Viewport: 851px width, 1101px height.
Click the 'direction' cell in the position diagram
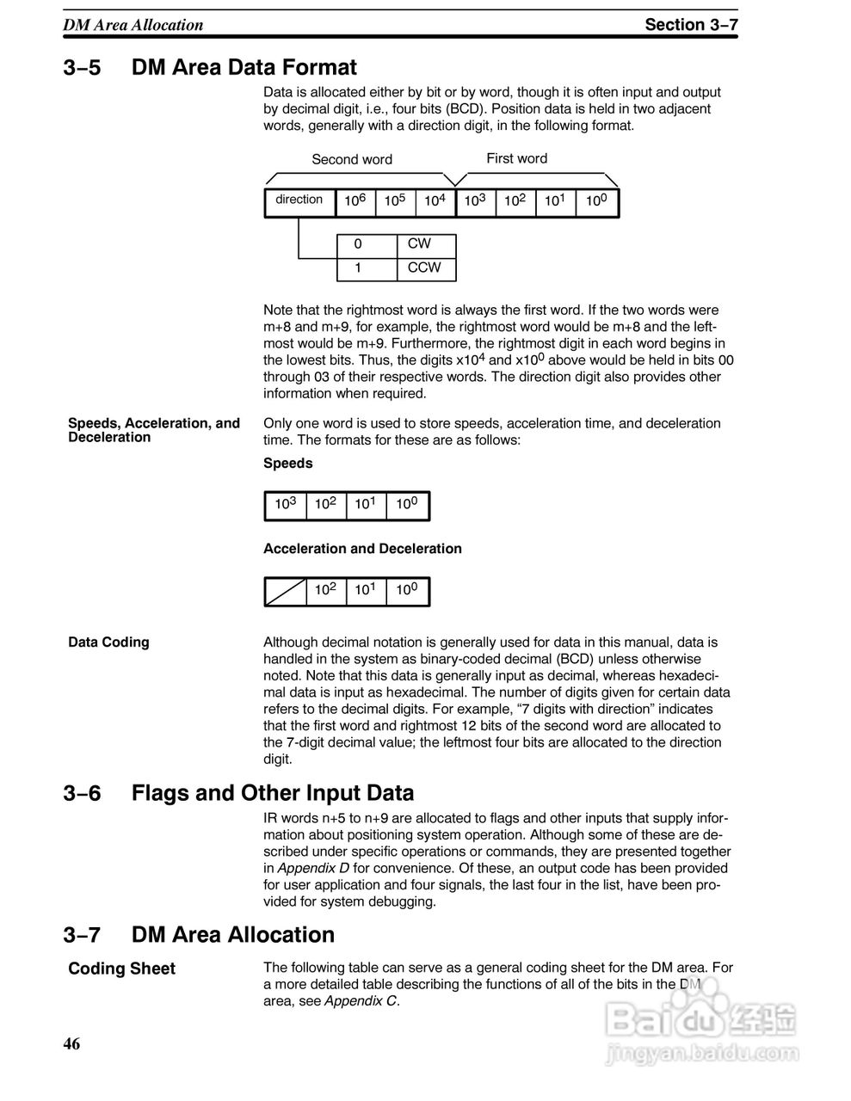(299, 200)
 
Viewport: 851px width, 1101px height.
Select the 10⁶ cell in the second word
(355, 201)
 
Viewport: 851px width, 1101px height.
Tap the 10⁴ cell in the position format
(435, 201)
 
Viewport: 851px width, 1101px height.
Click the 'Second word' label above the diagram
(351, 159)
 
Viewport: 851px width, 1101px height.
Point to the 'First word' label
(516, 158)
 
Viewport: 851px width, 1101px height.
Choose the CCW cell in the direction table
(424, 268)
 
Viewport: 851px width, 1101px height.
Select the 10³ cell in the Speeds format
(285, 505)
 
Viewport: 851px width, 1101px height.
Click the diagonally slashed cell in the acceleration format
(286, 591)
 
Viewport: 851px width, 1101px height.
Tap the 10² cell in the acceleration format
(325, 591)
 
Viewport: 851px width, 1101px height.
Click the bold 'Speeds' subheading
(288, 464)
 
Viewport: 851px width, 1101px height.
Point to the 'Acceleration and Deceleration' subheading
(362, 549)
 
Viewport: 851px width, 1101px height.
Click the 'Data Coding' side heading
(108, 643)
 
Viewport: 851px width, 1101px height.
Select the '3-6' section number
(82, 793)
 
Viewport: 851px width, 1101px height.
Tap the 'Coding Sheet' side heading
(121, 969)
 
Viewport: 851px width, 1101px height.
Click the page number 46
(71, 1044)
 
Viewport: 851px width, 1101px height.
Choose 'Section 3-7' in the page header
(691, 25)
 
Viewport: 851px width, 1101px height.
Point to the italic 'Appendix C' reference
(361, 1001)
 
